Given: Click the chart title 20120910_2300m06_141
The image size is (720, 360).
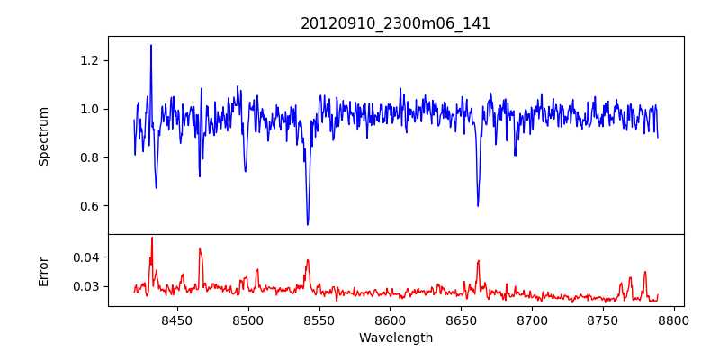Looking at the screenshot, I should [x=395, y=23].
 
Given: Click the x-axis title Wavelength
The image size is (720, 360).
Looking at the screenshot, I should [x=395, y=338].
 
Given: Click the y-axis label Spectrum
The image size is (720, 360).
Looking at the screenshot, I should [x=43, y=136].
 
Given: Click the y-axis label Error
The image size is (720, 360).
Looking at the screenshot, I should [x=43, y=271].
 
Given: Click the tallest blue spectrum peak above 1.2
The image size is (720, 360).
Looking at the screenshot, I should [x=151, y=45].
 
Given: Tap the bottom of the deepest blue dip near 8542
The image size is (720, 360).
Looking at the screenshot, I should [x=308, y=224].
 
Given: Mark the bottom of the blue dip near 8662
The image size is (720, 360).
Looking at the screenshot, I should [x=478, y=206].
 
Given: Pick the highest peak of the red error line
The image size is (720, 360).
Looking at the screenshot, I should [x=152, y=238].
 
